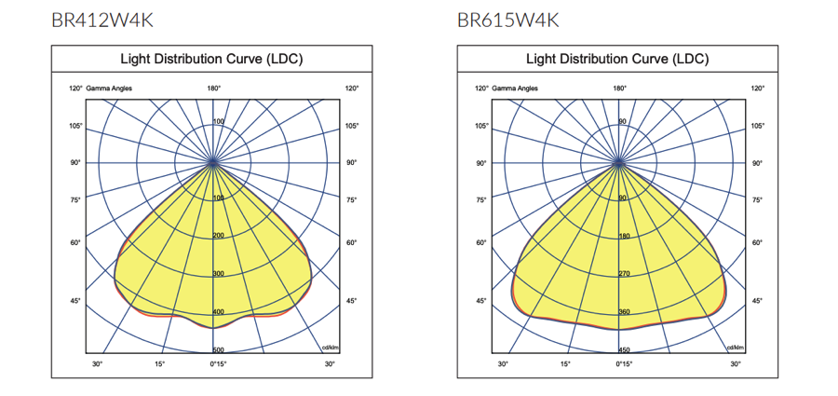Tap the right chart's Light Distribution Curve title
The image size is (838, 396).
[618, 60]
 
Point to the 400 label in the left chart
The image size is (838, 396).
[219, 312]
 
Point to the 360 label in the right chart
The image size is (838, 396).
[625, 312]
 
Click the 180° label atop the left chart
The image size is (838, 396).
[213, 89]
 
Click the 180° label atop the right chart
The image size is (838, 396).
[619, 89]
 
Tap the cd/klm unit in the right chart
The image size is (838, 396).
[735, 347]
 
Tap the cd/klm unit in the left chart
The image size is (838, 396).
[329, 347]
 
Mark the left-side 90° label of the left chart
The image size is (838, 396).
[74, 163]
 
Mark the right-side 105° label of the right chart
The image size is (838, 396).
[757, 126]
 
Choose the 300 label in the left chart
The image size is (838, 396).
[219, 274]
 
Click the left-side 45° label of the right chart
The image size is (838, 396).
[481, 301]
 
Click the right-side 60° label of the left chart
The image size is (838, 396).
[351, 242]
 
